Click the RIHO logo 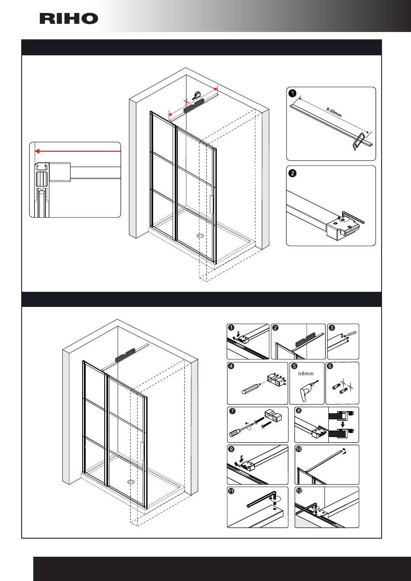[x=69, y=19]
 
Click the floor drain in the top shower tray [x=200, y=236]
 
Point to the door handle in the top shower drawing [x=210, y=205]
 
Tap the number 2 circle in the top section [x=292, y=174]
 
